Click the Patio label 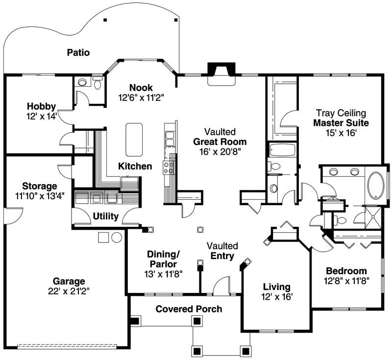[78, 52]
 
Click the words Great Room [220, 142]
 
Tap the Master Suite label [341, 122]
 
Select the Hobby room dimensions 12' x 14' [42, 116]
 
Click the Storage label [39, 186]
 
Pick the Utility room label [106, 216]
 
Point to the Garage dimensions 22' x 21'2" [69, 291]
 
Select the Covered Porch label [189, 309]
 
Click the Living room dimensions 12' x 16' [276, 297]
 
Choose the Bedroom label [346, 271]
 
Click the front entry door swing [221, 286]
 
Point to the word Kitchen [135, 167]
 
